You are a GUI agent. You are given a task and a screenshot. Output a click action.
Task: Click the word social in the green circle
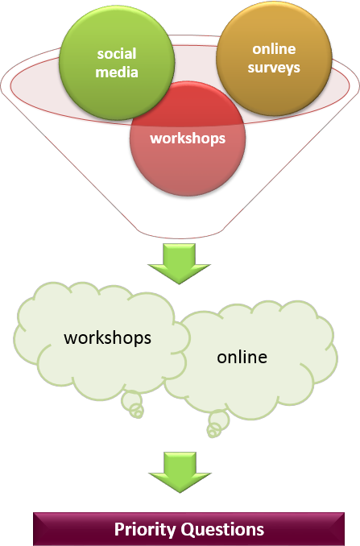[x=117, y=54]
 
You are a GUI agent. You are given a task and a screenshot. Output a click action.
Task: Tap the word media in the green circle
[x=117, y=72]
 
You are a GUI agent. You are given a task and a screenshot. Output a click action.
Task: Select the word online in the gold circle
[x=274, y=49]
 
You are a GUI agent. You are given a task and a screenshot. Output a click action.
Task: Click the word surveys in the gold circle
[x=274, y=68]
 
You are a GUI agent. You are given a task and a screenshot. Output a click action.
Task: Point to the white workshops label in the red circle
[x=188, y=139]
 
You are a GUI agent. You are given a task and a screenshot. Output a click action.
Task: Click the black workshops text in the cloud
[x=108, y=337]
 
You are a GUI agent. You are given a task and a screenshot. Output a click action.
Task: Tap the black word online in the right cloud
[x=242, y=357]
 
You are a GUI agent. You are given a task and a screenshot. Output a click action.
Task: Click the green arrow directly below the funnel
[x=179, y=263]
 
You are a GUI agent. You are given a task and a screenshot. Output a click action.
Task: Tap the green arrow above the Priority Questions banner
[x=180, y=472]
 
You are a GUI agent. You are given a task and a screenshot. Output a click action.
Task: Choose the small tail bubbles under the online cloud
[x=217, y=424]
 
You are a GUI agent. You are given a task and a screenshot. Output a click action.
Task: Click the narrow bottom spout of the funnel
[x=180, y=234]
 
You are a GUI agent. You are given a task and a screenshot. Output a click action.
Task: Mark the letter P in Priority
[x=119, y=529]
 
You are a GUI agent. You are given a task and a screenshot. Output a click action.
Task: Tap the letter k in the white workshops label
[x=178, y=138]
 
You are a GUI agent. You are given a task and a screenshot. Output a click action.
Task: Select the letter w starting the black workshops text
[x=69, y=339]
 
